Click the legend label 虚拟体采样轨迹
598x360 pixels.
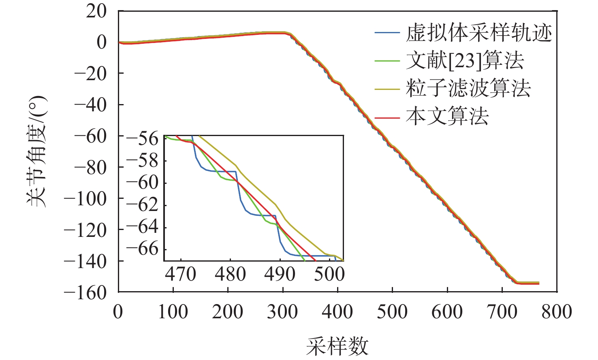[x=479, y=33]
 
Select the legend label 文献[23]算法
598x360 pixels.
[x=465, y=61]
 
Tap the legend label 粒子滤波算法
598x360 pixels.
[x=468, y=89]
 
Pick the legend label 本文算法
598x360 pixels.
[x=447, y=117]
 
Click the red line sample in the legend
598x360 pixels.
[x=387, y=117]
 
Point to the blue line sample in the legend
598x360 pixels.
[x=387, y=33]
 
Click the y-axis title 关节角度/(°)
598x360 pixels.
[x=37, y=151]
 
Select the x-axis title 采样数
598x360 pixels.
[x=337, y=347]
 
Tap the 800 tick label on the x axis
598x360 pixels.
[x=557, y=312]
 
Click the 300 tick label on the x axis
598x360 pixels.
[x=282, y=312]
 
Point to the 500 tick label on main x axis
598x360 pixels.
[x=392, y=312]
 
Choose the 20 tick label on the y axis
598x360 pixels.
[x=96, y=11]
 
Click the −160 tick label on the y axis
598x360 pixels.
[x=85, y=292]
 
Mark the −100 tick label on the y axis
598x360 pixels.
[x=85, y=198]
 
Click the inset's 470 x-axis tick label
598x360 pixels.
[x=181, y=274]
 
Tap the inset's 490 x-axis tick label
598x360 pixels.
[x=280, y=274]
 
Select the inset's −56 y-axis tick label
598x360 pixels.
[x=142, y=138]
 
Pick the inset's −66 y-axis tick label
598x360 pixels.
[x=142, y=249]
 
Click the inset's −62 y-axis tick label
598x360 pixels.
[x=142, y=205]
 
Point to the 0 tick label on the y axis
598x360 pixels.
[x=102, y=42]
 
